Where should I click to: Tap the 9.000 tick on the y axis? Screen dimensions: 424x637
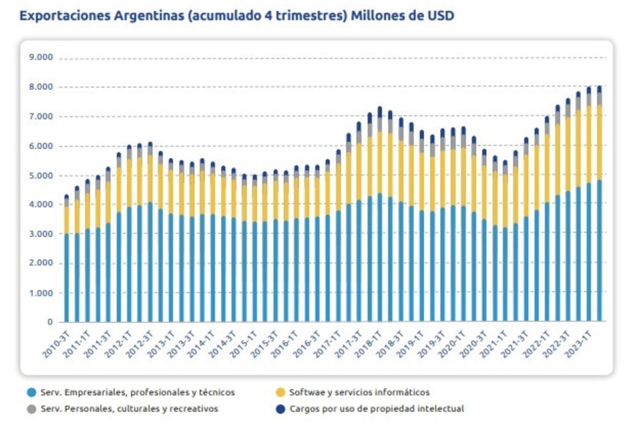pos(42,57)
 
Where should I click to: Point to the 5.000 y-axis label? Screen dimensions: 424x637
pos(42,175)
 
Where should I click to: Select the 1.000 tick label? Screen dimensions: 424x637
pos(42,292)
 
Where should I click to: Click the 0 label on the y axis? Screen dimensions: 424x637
pos(51,322)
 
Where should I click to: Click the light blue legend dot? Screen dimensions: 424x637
pos(31,393)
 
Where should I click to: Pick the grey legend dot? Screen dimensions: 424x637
pos(31,409)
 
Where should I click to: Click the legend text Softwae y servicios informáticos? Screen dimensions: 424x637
pos(360,393)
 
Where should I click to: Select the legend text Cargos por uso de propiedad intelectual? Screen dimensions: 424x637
pos(376,409)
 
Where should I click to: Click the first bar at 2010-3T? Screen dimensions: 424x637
pos(67,278)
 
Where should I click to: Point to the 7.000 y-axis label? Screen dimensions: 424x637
pos(42,116)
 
